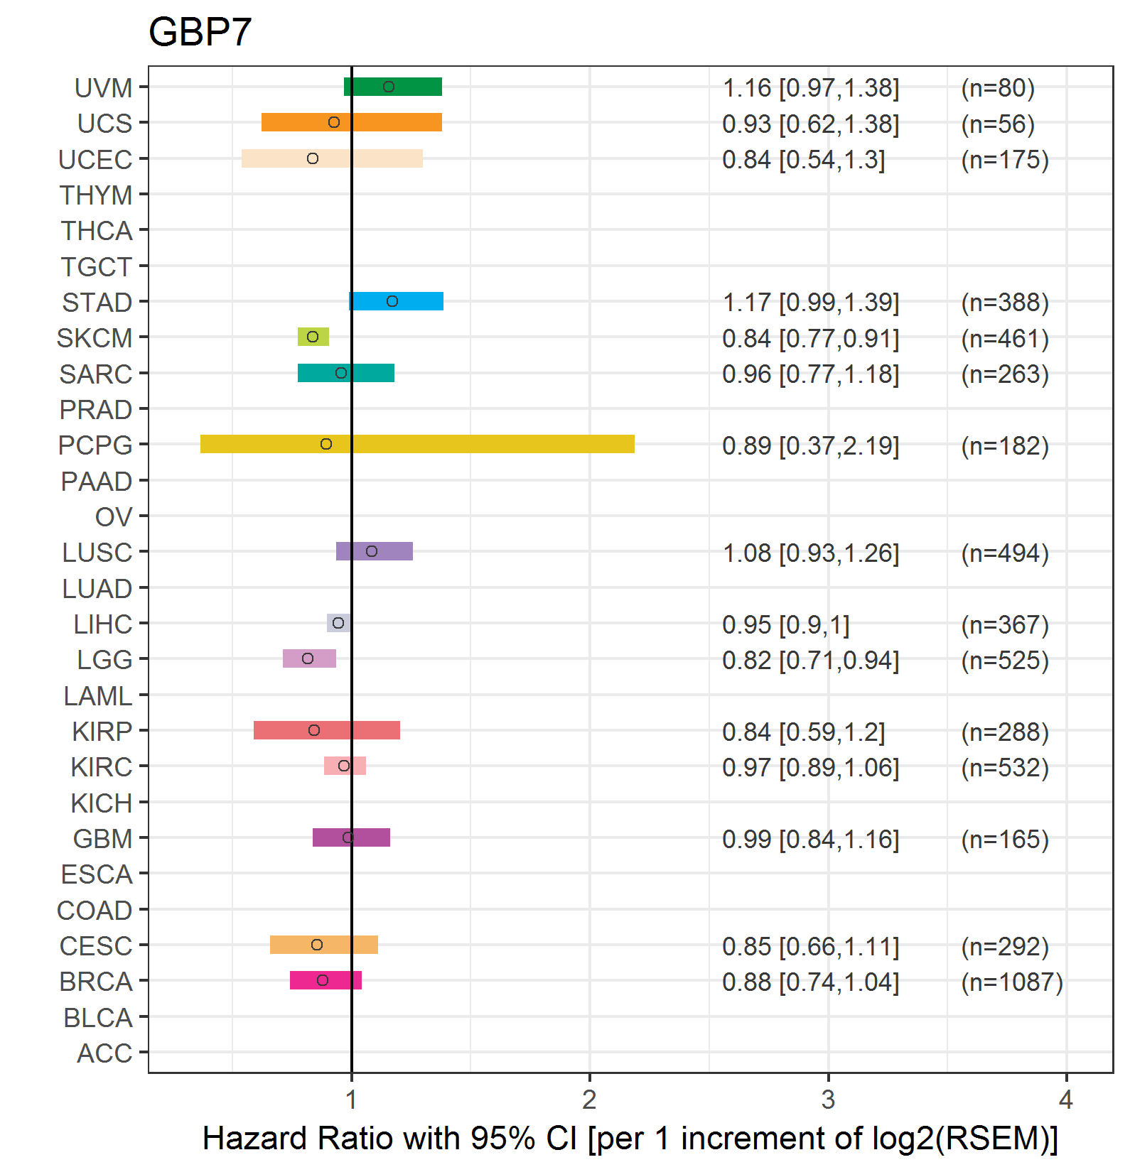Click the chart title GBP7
(x=200, y=32)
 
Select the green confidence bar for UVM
(x=393, y=87)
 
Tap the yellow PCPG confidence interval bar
(x=417, y=444)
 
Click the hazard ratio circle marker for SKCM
(x=313, y=337)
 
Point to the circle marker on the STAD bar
(x=392, y=301)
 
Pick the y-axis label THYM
(x=96, y=195)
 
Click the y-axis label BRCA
(x=96, y=982)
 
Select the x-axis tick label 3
(x=828, y=1100)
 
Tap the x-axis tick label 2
(x=589, y=1100)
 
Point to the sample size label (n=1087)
(x=1012, y=982)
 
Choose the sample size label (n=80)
(x=998, y=88)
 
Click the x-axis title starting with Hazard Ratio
(x=630, y=1139)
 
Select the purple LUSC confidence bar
(x=375, y=551)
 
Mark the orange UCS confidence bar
(x=352, y=122)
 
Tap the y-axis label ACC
(x=104, y=1053)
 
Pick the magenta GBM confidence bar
(x=351, y=837)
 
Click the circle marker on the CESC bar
(x=317, y=945)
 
